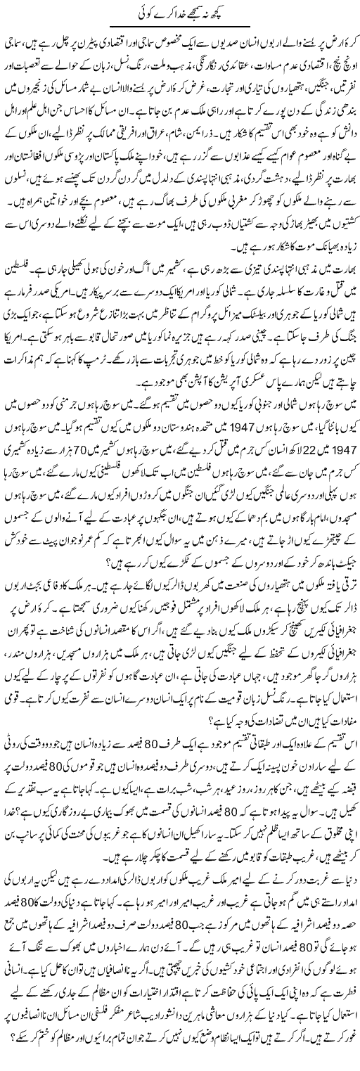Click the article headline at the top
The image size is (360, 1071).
click(x=180, y=12)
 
